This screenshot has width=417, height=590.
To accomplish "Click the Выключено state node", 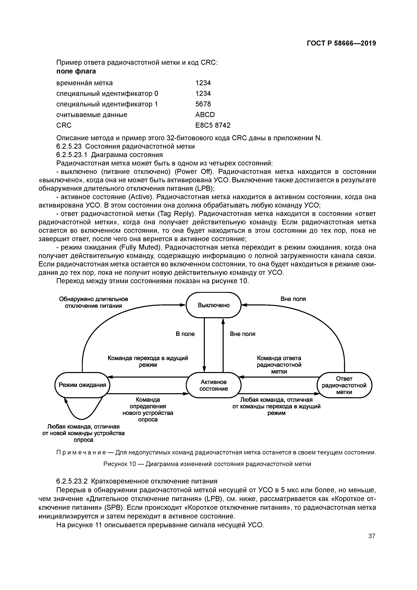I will [214, 305].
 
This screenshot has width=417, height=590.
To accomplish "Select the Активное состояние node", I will [214, 385].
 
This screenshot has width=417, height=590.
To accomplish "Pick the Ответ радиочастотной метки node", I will [344, 385].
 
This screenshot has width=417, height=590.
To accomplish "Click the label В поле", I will [185, 334].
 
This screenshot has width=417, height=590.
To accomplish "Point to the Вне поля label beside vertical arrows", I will [242, 334].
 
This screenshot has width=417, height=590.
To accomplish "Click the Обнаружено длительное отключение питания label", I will [93, 302].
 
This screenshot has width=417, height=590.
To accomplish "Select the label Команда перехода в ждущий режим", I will [148, 361].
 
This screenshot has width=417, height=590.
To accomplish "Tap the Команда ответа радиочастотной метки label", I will [279, 365].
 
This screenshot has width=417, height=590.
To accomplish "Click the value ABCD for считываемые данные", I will [205, 115].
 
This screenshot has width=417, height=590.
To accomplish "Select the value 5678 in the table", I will [203, 104].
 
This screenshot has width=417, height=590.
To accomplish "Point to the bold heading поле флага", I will [76, 71].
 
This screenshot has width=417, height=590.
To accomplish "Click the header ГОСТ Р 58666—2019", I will [342, 43].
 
